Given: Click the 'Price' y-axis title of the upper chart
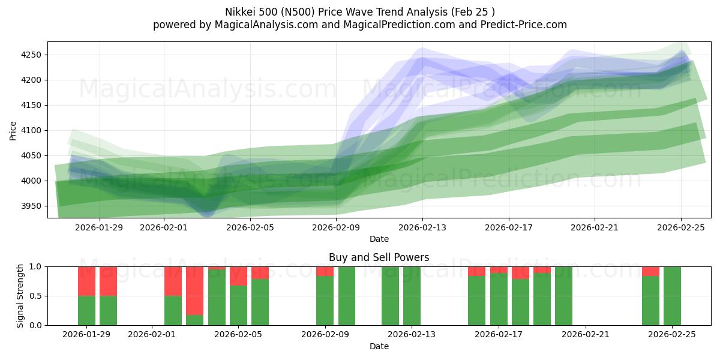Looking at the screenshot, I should (x=13, y=130).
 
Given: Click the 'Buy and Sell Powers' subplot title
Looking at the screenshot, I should (x=379, y=257).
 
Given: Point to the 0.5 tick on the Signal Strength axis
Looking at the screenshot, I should (x=35, y=296).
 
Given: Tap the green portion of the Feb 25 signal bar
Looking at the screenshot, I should (x=672, y=296).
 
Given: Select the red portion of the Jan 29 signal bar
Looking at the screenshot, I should (x=87, y=281).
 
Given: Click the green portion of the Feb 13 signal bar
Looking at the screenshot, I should (x=412, y=296).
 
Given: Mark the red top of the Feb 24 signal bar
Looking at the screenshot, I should (x=650, y=271).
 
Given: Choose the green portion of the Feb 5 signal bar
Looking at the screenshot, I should (x=238, y=305).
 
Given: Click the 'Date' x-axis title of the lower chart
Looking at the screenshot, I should (x=379, y=346).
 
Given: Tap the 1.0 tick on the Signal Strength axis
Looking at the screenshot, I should (x=35, y=266).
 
